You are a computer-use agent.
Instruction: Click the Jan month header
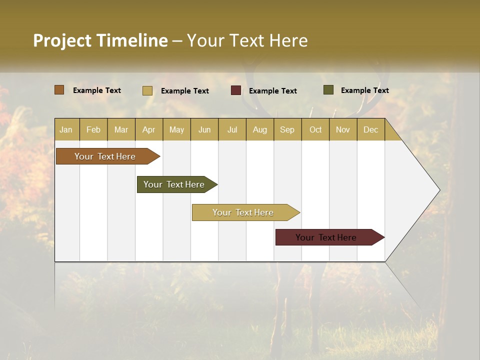tap(66, 129)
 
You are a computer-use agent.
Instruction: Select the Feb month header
tap(93, 129)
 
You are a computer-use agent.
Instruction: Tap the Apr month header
tap(148, 129)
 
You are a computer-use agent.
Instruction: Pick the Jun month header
tap(204, 129)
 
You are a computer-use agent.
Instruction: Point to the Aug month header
tap(259, 129)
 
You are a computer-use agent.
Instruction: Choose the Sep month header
tap(287, 129)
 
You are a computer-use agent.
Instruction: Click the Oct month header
tap(315, 129)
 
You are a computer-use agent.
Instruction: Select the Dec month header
tap(370, 129)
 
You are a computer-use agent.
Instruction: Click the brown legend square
tap(59, 90)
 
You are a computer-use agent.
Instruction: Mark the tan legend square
tap(147, 90)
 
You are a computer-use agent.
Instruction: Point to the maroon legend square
tap(236, 90)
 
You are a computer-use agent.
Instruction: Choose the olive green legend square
tap(328, 90)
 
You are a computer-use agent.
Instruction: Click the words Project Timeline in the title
tap(100, 40)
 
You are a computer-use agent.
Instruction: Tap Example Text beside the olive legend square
tap(364, 90)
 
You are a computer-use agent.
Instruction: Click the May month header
tap(176, 129)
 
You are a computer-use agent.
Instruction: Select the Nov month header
tap(342, 129)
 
